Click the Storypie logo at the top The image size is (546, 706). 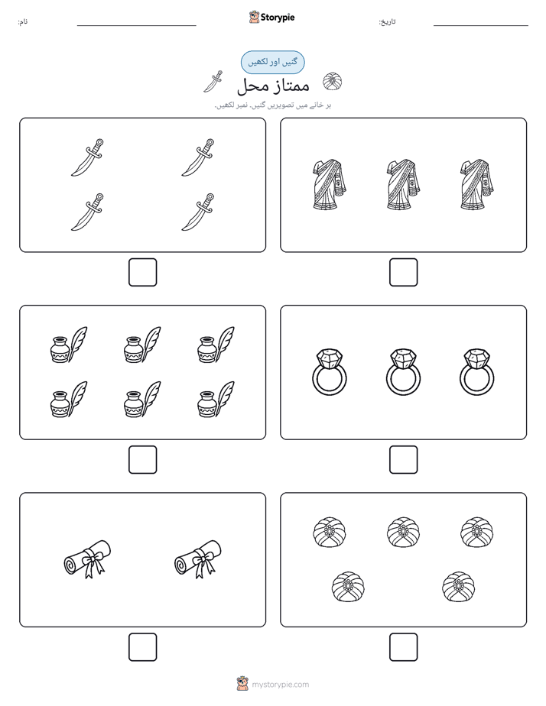pyautogui.click(x=271, y=17)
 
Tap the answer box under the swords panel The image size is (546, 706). pyautogui.click(x=143, y=273)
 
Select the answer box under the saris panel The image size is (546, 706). pyautogui.click(x=403, y=273)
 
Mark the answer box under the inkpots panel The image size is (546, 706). pyautogui.click(x=143, y=460)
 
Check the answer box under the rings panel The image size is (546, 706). pyautogui.click(x=403, y=460)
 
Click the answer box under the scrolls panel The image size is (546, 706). pyautogui.click(x=143, y=647)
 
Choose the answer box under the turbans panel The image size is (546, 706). pyautogui.click(x=403, y=647)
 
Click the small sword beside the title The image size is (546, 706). pyautogui.click(x=213, y=82)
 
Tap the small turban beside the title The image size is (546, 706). pyautogui.click(x=333, y=82)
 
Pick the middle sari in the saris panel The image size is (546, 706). pyautogui.click(x=403, y=184)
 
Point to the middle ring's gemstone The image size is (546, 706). pyautogui.click(x=403, y=358)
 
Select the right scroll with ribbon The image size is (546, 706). pyautogui.click(x=198, y=559)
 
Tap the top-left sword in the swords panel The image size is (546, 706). pyautogui.click(x=87, y=157)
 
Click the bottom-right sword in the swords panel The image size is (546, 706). pyautogui.click(x=198, y=212)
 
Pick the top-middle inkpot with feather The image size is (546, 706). pyautogui.click(x=142, y=345)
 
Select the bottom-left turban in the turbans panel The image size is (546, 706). pyautogui.click(x=348, y=587)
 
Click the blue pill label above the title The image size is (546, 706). pyautogui.click(x=272, y=62)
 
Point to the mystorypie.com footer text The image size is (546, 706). pyautogui.click(x=280, y=685)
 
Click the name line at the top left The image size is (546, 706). pyautogui.click(x=136, y=26)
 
